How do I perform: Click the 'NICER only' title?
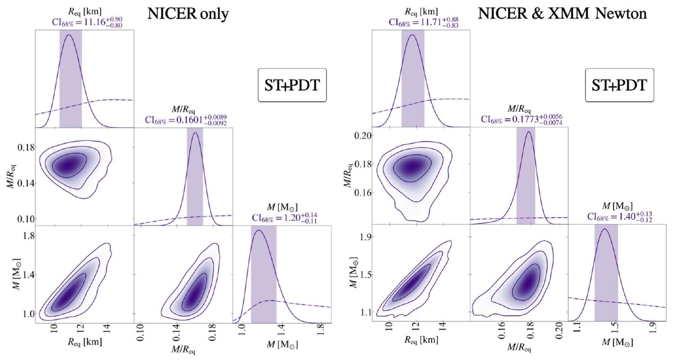(x=188, y=14)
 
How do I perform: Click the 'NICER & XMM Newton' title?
(x=562, y=14)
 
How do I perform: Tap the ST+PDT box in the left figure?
(x=292, y=85)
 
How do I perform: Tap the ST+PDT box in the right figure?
(x=619, y=85)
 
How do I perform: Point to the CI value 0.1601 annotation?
(x=186, y=120)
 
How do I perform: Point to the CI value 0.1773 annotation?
(x=522, y=119)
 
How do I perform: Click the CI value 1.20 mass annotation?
(x=284, y=217)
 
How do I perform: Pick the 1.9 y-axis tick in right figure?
(x=363, y=237)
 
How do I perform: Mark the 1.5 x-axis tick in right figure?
(x=616, y=333)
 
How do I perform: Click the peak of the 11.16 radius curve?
(x=69, y=35)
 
